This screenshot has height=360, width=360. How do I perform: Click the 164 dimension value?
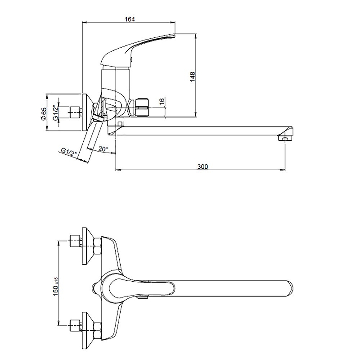pyautogui.click(x=130, y=19)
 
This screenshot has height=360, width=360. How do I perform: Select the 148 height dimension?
pyautogui.click(x=193, y=76)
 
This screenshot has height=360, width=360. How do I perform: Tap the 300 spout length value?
pyautogui.click(x=203, y=166)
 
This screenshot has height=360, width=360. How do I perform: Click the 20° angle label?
pyautogui.click(x=103, y=149)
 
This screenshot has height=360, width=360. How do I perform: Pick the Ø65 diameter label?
pyautogui.click(x=43, y=113)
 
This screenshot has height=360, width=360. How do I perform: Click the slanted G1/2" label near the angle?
pyautogui.click(x=69, y=152)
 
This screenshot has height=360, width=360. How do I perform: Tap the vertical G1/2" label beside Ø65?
pyautogui.click(x=55, y=112)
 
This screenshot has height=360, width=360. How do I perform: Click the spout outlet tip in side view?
pyautogui.click(x=285, y=139)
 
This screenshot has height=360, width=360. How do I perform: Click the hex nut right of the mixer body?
pyautogui.click(x=142, y=107)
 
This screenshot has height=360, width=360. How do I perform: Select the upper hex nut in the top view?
pyautogui.click(x=97, y=246)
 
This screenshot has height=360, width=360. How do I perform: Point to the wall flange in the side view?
pyautogui.click(x=87, y=112)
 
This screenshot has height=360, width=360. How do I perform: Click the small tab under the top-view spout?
pyautogui.click(x=142, y=298)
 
